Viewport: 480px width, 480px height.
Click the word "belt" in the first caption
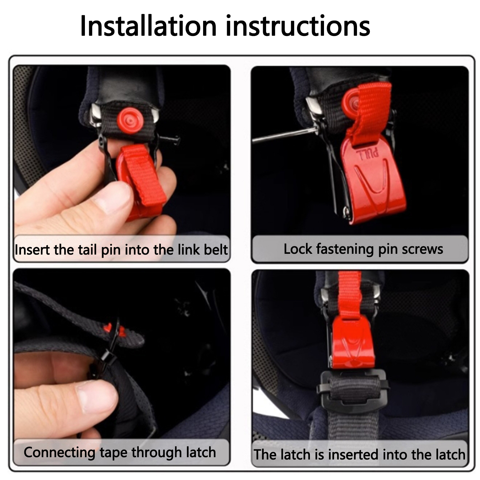(x=215, y=250)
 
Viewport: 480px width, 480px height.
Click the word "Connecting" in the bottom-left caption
(x=59, y=453)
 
